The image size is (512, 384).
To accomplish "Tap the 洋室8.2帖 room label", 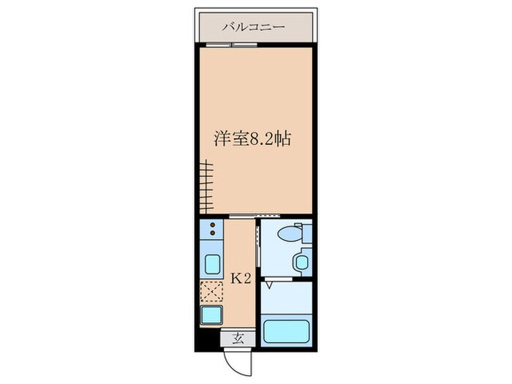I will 252,139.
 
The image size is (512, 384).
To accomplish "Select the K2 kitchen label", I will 242,278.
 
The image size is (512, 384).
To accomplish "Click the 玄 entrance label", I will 238,338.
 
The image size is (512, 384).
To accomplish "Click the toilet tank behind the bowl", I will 307,234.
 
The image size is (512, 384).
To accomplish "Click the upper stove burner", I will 211,225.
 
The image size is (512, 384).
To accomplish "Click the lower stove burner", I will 211,235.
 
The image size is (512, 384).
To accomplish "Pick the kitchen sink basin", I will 211,264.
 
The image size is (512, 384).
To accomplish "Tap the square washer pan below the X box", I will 211,315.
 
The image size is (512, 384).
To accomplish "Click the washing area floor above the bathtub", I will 286,297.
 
